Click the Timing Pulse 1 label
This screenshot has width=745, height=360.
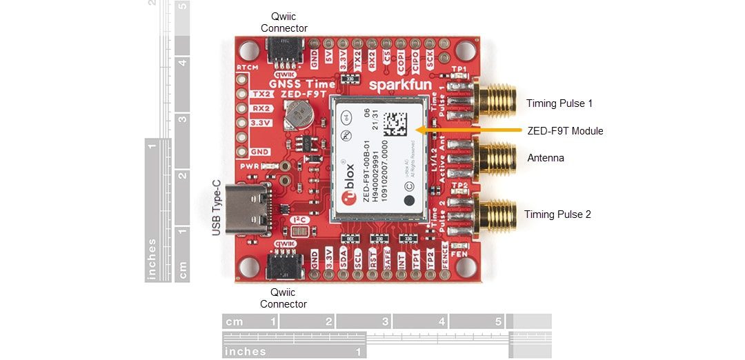click(x=559, y=103)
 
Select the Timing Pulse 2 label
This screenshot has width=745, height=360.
click(x=557, y=214)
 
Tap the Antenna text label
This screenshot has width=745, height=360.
click(x=546, y=158)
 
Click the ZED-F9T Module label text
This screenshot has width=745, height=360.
click(x=565, y=131)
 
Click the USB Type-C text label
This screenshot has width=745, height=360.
click(x=216, y=208)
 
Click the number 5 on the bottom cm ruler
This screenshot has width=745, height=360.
click(x=498, y=322)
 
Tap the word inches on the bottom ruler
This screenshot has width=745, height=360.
click(x=246, y=351)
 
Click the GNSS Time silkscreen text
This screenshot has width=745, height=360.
click(x=292, y=85)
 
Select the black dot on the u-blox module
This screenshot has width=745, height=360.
click(x=410, y=201)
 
